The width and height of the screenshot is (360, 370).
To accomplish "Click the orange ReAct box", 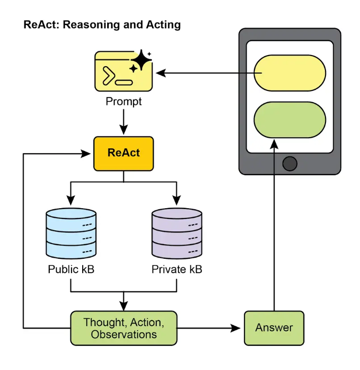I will coord(123,153).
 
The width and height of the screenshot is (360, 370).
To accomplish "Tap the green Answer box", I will coord(274,328).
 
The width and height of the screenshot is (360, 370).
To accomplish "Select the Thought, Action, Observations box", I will coord(124,328).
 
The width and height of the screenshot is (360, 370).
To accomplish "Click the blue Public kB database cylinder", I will coord(71,234).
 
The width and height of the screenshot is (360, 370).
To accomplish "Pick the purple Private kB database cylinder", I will coord(177,234).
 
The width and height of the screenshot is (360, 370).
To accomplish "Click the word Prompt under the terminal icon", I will coord(124,101).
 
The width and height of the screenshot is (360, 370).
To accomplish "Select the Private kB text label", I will coord(177,270).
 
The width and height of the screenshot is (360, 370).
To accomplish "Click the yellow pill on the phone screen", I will coord(290,73).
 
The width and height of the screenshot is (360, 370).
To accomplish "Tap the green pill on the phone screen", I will coord(290,120).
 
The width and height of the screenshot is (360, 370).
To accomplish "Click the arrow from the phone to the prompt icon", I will coord(205,72).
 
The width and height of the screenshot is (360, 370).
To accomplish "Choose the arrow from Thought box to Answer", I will coord(210,328).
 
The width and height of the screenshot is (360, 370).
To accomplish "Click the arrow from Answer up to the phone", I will coord(274,223).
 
